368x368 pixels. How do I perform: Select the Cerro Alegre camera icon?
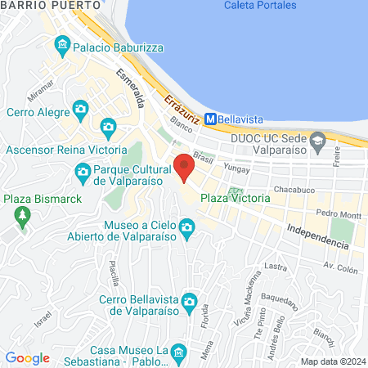80,108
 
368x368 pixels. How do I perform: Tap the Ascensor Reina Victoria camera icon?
108,127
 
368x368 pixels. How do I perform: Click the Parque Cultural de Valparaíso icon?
83,171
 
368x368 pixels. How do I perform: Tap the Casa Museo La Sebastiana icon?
182,352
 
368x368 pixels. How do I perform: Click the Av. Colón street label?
341,267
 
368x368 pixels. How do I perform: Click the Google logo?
28,357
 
